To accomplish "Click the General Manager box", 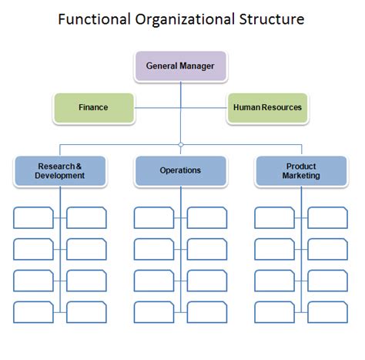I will [x=180, y=66].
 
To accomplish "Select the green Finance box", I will [x=93, y=108].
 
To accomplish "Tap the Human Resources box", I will [x=267, y=108].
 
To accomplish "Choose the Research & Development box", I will [x=60, y=170].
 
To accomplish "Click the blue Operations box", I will [x=180, y=170].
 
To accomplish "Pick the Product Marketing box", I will [x=301, y=170].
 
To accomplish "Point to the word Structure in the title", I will [x=273, y=18].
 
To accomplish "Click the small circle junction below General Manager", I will [x=180, y=144].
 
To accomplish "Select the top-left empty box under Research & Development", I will [x=34, y=217].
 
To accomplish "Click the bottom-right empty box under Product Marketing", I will [x=327, y=311].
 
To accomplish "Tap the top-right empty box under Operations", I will [x=207, y=217].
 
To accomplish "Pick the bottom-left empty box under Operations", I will [x=154, y=311].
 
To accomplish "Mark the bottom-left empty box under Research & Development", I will [x=34, y=311].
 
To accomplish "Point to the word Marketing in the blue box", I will [x=301, y=176].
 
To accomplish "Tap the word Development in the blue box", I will [x=60, y=176].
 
